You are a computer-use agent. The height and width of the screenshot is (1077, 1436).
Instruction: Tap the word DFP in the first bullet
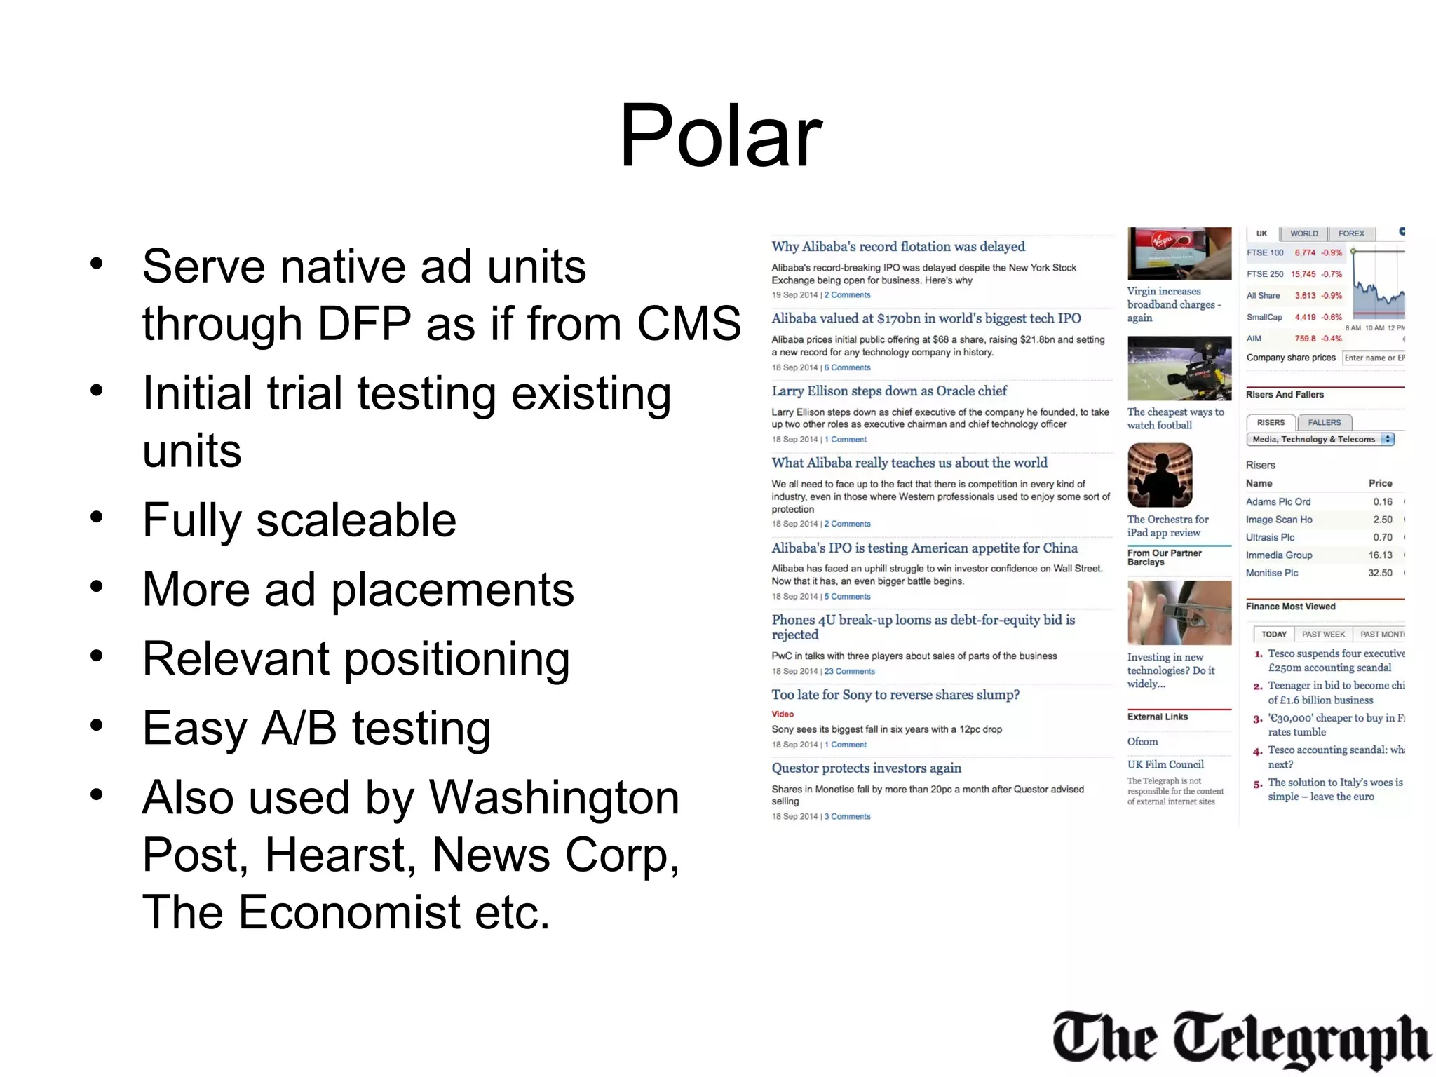tap(364, 323)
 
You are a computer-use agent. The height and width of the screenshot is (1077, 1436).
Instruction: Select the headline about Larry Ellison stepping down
tap(888, 391)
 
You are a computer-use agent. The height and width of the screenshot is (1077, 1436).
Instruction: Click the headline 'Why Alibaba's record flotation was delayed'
tap(897, 246)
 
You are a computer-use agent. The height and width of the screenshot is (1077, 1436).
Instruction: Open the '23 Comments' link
tap(849, 671)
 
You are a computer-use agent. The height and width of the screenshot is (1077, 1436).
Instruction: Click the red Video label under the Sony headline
tap(783, 714)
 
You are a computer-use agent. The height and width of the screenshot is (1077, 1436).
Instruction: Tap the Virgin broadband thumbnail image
tap(1179, 253)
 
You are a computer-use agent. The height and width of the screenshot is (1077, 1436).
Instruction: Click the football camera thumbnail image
tap(1179, 368)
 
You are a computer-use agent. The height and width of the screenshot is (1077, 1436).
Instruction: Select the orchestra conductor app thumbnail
tap(1160, 475)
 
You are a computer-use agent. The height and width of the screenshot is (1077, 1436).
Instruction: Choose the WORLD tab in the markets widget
tap(1303, 233)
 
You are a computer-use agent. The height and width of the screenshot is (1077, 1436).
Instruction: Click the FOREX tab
tap(1351, 233)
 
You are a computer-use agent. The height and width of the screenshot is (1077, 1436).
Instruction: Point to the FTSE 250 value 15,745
tap(1303, 274)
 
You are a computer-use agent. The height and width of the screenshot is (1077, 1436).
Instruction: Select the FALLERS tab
tap(1324, 422)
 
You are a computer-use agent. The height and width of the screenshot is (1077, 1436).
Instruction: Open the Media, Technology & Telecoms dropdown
tap(1320, 439)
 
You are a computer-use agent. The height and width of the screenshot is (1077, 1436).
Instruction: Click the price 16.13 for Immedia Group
tap(1380, 555)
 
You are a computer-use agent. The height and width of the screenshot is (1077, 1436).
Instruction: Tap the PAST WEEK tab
tap(1323, 634)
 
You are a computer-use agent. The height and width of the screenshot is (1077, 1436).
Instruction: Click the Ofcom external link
tap(1142, 741)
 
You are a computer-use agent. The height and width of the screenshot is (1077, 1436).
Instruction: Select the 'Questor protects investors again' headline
tap(866, 768)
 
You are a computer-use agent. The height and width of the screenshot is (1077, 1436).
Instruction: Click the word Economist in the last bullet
tap(349, 912)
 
